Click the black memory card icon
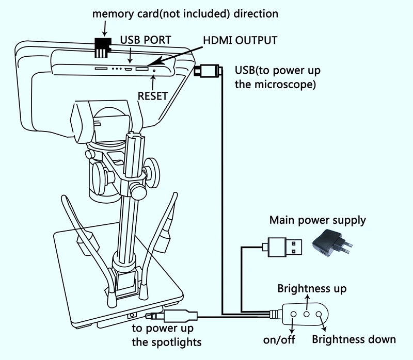[x=102, y=46]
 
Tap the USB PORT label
[x=145, y=40]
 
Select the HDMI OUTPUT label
[x=241, y=40]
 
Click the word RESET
[x=152, y=95]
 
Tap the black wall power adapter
[x=331, y=243]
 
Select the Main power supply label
[x=317, y=220]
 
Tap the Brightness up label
[x=312, y=288]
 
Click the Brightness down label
[x=354, y=339]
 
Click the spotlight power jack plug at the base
[x=170, y=316]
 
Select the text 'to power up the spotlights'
[x=166, y=335]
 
